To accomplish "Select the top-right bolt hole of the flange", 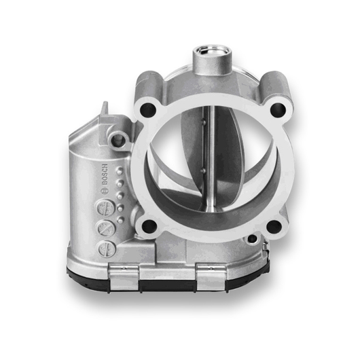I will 276,108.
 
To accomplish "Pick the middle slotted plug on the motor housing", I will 104,228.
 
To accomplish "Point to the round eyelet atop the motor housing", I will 121,139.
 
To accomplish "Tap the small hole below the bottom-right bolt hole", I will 253,238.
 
